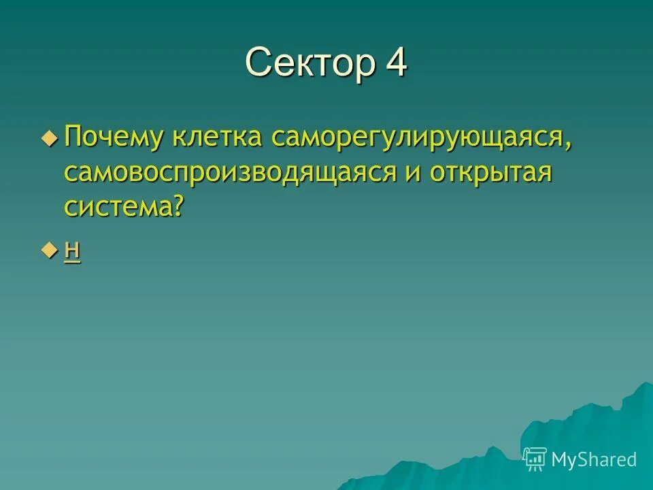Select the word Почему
[x=113, y=137]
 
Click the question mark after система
[x=178, y=206]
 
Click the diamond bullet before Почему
[x=49, y=137]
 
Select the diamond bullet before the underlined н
[x=49, y=251]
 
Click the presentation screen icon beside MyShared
[x=535, y=459]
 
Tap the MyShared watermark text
[x=594, y=459]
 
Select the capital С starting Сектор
[x=258, y=63]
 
